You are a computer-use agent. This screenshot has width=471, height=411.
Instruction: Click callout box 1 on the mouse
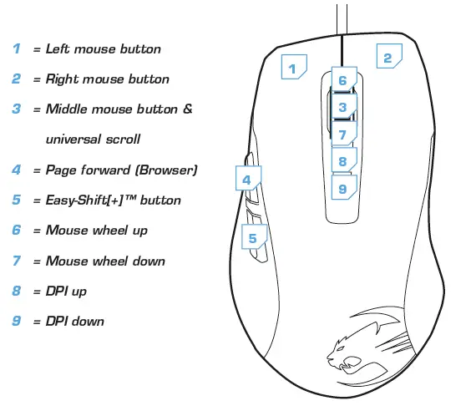(293, 67)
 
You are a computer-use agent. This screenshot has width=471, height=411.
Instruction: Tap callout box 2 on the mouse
(387, 58)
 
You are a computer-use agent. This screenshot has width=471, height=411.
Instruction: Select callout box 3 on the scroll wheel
(342, 106)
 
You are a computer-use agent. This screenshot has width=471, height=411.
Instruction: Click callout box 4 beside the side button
(247, 179)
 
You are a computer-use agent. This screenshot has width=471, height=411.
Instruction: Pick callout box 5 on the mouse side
(253, 238)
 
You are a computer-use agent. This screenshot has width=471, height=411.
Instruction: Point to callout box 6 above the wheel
(342, 80)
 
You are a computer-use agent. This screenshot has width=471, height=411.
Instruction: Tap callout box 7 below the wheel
(342, 134)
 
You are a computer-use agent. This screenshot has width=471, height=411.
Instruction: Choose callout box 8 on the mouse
(342, 161)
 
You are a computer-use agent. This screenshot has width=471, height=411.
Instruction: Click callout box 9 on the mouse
(342, 189)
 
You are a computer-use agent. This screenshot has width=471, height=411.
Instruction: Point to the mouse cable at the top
(342, 17)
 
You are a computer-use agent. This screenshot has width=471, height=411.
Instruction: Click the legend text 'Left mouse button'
(103, 49)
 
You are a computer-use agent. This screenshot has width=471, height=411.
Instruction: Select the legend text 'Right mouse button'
(107, 79)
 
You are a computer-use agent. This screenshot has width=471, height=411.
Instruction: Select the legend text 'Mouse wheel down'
(105, 261)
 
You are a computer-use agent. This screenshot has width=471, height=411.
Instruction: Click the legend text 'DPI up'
(66, 292)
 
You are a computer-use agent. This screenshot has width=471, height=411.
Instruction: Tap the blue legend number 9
(17, 322)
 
